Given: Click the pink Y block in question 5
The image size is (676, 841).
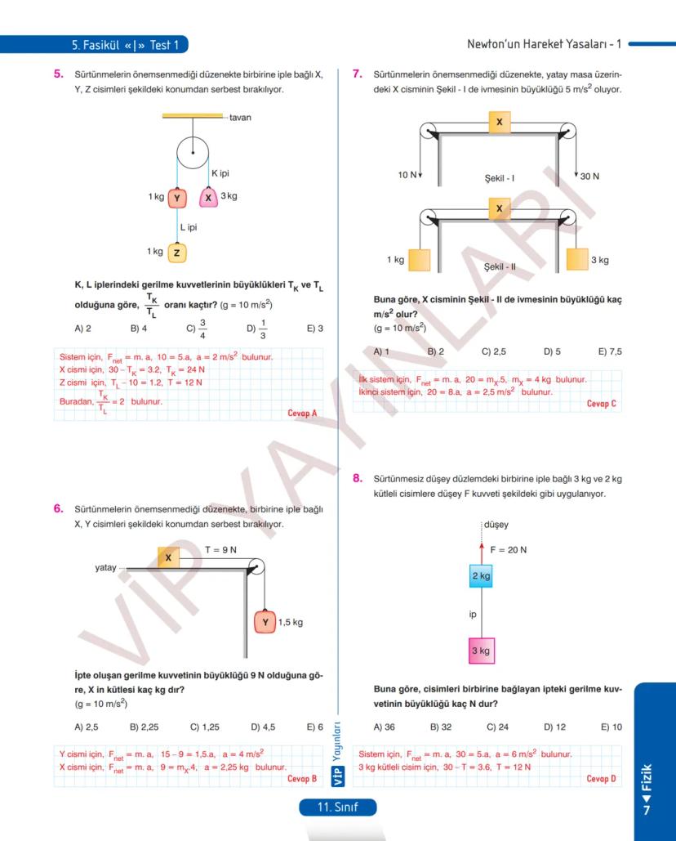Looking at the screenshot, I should click(178, 198).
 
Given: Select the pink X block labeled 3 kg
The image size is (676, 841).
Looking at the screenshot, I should click(208, 198).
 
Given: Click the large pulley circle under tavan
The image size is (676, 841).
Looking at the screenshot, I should click(193, 152).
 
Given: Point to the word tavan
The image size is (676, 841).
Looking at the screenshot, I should click(240, 118).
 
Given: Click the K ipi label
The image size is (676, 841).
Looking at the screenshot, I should click(220, 173).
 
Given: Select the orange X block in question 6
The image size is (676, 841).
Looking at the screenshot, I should click(168, 557).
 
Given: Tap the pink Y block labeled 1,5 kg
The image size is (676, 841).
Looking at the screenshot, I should click(265, 622).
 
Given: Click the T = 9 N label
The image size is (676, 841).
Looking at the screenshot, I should click(220, 550).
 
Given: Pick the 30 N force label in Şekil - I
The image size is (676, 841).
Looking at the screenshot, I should click(589, 177).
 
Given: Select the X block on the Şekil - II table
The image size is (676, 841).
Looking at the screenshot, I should click(499, 209).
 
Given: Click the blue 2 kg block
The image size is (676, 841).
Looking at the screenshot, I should click(481, 576).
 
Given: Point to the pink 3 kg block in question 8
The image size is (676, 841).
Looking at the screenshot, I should click(481, 651).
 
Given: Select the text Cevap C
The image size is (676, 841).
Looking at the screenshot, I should click(602, 404).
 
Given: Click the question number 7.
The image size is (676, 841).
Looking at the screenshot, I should click(357, 74).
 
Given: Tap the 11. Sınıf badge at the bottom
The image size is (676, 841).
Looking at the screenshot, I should click(338, 807).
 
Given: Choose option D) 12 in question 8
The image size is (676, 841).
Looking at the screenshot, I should click(554, 727).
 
